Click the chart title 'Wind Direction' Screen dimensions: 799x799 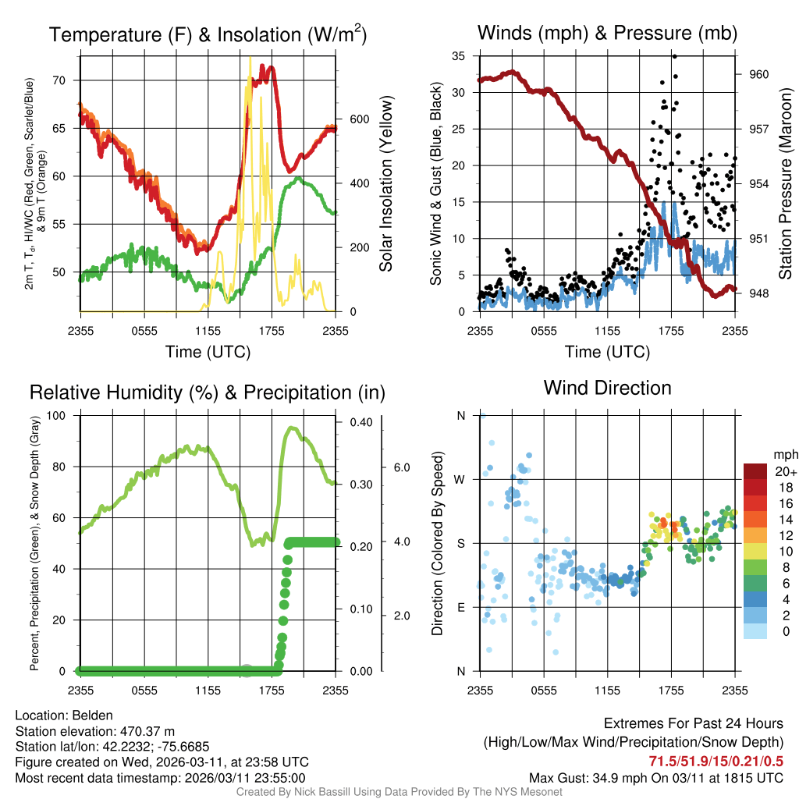point(607,388)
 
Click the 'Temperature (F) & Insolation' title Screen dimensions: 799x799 point(208,35)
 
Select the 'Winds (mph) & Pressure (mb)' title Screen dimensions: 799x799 point(607,33)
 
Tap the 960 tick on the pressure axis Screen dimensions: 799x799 point(759,74)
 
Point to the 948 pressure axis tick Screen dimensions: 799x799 point(759,293)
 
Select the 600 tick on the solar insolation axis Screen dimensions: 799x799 point(359,119)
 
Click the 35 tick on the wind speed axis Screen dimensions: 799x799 point(459,56)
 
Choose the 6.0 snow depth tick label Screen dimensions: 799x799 point(402,467)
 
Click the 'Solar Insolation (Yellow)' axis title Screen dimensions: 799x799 point(385,184)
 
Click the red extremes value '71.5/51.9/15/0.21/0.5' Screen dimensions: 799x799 point(716,761)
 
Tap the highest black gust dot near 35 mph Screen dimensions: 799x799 point(674,56)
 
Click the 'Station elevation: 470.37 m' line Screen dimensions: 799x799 point(90,731)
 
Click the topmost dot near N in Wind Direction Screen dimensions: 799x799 point(482,416)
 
